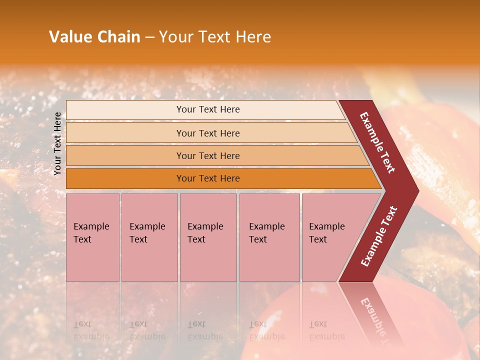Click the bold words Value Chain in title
click(94, 37)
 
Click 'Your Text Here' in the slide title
click(215, 37)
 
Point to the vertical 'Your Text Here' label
click(57, 143)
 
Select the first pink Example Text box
click(92, 237)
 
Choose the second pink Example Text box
click(149, 237)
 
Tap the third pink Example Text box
click(208, 237)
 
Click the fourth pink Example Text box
click(269, 237)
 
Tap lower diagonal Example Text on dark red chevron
click(379, 236)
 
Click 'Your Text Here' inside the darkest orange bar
click(208, 178)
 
